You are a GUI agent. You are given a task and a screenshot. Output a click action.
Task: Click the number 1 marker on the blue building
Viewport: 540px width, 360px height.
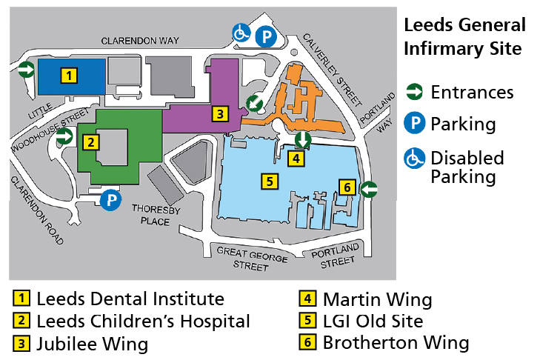pyautogui.click(x=68, y=75)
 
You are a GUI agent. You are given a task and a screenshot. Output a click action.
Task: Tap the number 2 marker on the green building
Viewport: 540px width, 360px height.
pyautogui.click(x=90, y=142)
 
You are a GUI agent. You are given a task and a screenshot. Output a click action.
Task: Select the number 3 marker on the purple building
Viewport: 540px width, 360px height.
pyautogui.click(x=219, y=113)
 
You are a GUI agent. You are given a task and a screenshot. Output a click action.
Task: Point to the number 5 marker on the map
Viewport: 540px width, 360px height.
pyautogui.click(x=270, y=180)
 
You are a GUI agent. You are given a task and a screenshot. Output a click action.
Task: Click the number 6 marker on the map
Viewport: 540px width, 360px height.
pyautogui.click(x=346, y=186)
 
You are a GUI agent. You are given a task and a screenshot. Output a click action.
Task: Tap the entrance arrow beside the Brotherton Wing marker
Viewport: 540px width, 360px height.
pyautogui.click(x=369, y=190)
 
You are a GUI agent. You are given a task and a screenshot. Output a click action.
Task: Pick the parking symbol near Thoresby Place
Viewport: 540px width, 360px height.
pyautogui.click(x=110, y=200)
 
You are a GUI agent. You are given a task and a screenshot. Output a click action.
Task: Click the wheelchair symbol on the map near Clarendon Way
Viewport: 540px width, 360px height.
pyautogui.click(x=241, y=33)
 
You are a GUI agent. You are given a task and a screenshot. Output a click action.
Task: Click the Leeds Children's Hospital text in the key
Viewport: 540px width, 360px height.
pyautogui.click(x=143, y=321)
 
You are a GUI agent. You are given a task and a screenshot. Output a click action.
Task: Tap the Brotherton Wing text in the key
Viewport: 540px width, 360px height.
pyautogui.click(x=396, y=342)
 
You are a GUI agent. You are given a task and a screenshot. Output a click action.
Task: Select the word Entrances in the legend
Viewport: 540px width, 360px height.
pyautogui.click(x=472, y=93)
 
